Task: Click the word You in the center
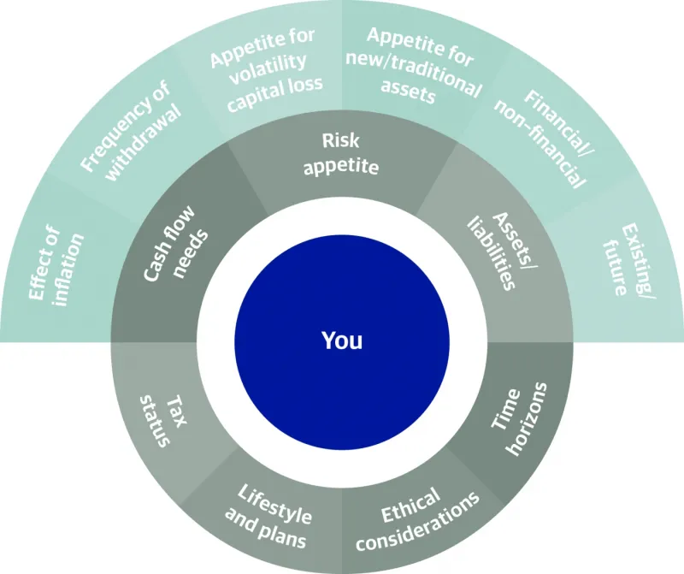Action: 342,340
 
